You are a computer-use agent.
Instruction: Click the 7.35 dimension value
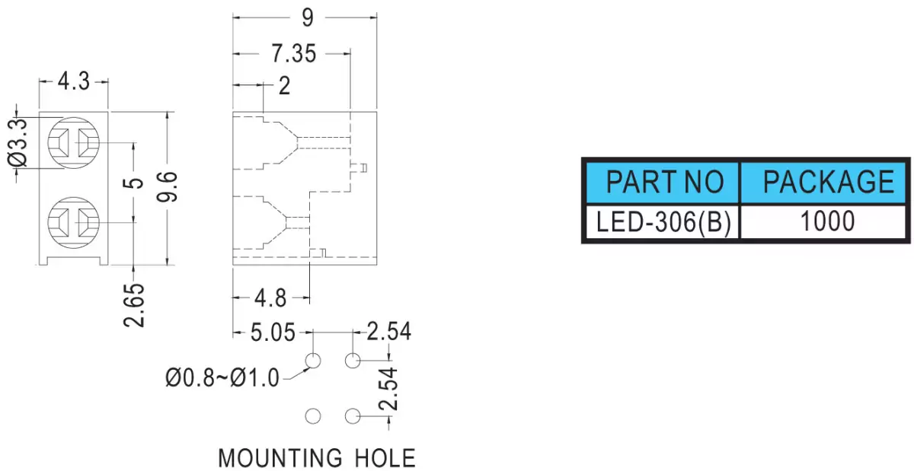click(294, 54)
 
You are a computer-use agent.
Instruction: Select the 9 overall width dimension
click(308, 18)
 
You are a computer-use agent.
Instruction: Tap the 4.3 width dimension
click(73, 81)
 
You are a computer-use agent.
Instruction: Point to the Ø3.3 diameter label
click(18, 143)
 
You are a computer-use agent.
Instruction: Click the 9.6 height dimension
click(168, 186)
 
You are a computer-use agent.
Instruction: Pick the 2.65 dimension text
click(134, 305)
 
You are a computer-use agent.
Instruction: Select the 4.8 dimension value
click(270, 298)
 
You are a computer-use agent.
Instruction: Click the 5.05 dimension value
click(273, 333)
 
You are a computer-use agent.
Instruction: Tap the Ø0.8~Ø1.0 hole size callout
click(222, 377)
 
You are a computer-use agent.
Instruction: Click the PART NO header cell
click(663, 183)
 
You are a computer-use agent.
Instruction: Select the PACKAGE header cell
click(823, 183)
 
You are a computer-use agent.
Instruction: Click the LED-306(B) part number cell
click(663, 222)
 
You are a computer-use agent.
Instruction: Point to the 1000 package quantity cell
click(823, 222)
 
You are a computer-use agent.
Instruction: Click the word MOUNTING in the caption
click(280, 458)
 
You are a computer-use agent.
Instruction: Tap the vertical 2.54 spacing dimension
click(388, 389)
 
